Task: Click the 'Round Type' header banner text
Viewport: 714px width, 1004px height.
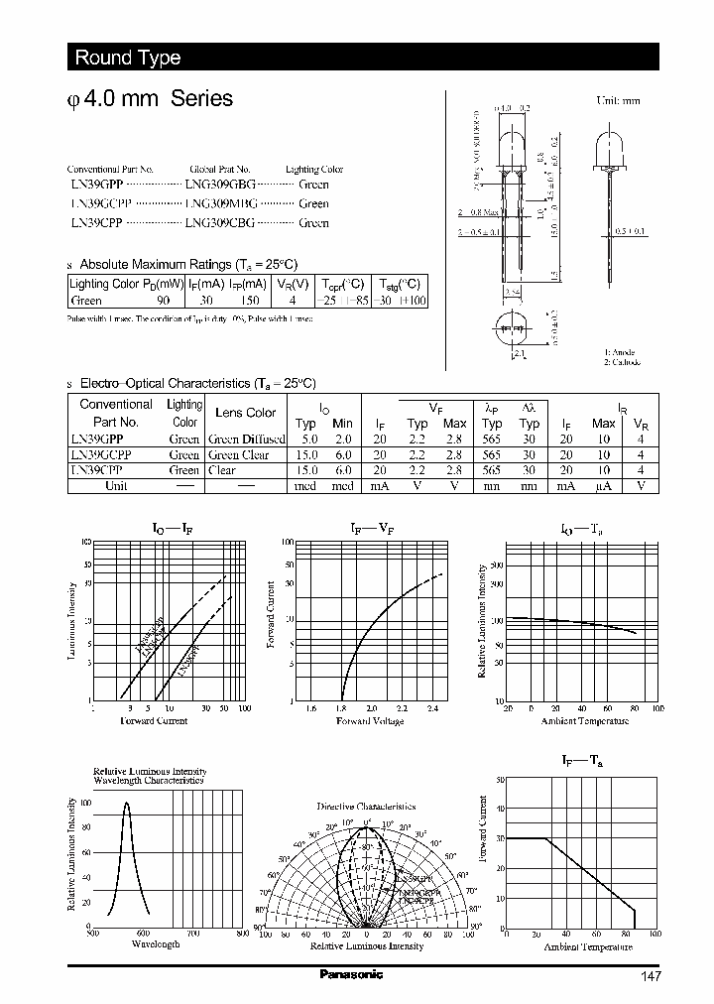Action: point(127,58)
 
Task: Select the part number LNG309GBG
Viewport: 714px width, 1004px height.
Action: point(220,185)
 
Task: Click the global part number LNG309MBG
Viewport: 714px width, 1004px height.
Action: point(220,203)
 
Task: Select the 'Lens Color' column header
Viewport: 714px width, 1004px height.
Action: point(246,413)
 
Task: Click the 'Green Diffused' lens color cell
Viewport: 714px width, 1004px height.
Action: point(246,439)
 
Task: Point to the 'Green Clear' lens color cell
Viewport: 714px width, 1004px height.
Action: point(238,454)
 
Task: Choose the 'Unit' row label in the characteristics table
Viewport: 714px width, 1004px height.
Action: point(116,486)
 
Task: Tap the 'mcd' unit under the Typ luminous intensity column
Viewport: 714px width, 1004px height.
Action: point(306,486)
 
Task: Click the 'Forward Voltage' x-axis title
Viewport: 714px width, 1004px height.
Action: point(371,720)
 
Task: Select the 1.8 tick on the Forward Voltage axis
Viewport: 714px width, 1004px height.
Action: point(341,708)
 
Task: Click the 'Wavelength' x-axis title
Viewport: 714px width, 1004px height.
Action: point(155,944)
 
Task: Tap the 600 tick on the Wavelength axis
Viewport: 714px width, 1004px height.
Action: point(143,933)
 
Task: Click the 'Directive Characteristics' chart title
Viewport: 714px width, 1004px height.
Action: point(366,807)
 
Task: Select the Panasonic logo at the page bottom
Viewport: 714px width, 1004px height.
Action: point(350,974)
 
